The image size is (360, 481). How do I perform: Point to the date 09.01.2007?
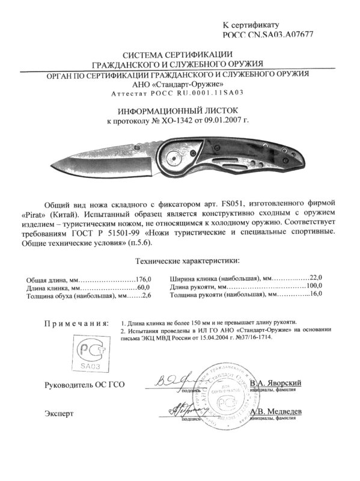pyautogui.click(x=231, y=121)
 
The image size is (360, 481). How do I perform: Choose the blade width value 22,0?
pyautogui.click(x=316, y=278)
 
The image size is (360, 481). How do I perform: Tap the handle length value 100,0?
pyautogui.click(x=314, y=287)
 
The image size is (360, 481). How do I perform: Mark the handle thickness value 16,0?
pyautogui.click(x=316, y=295)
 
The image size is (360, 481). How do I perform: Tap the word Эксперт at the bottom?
pyautogui.click(x=59, y=414)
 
